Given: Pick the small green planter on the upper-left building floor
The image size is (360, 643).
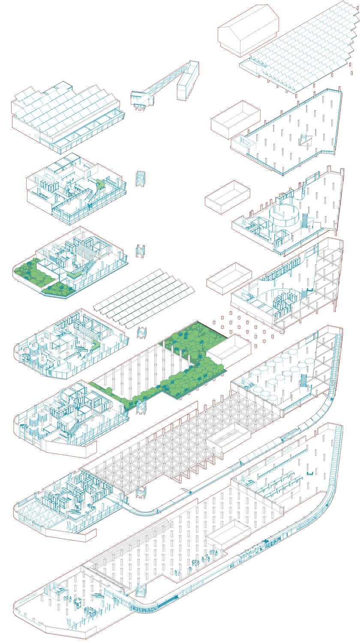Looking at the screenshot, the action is (x=101, y=184).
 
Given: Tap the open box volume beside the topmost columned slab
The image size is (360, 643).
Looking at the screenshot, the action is (x=235, y=117).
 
